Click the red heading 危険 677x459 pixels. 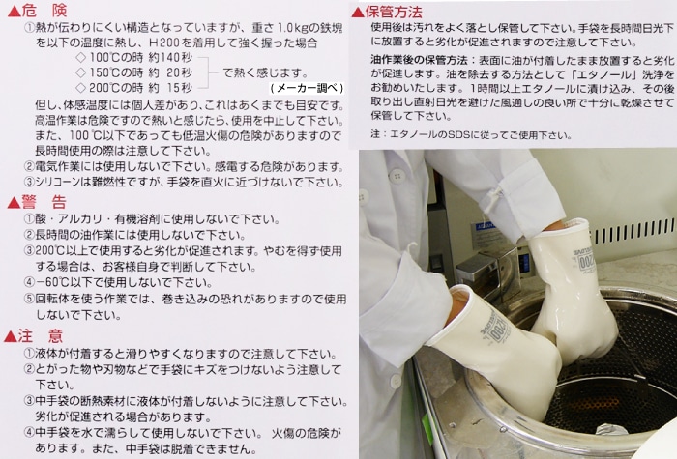(44, 9)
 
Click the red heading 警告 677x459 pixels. (44, 202)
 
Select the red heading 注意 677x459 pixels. (44, 335)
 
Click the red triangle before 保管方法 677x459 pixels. (358, 12)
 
